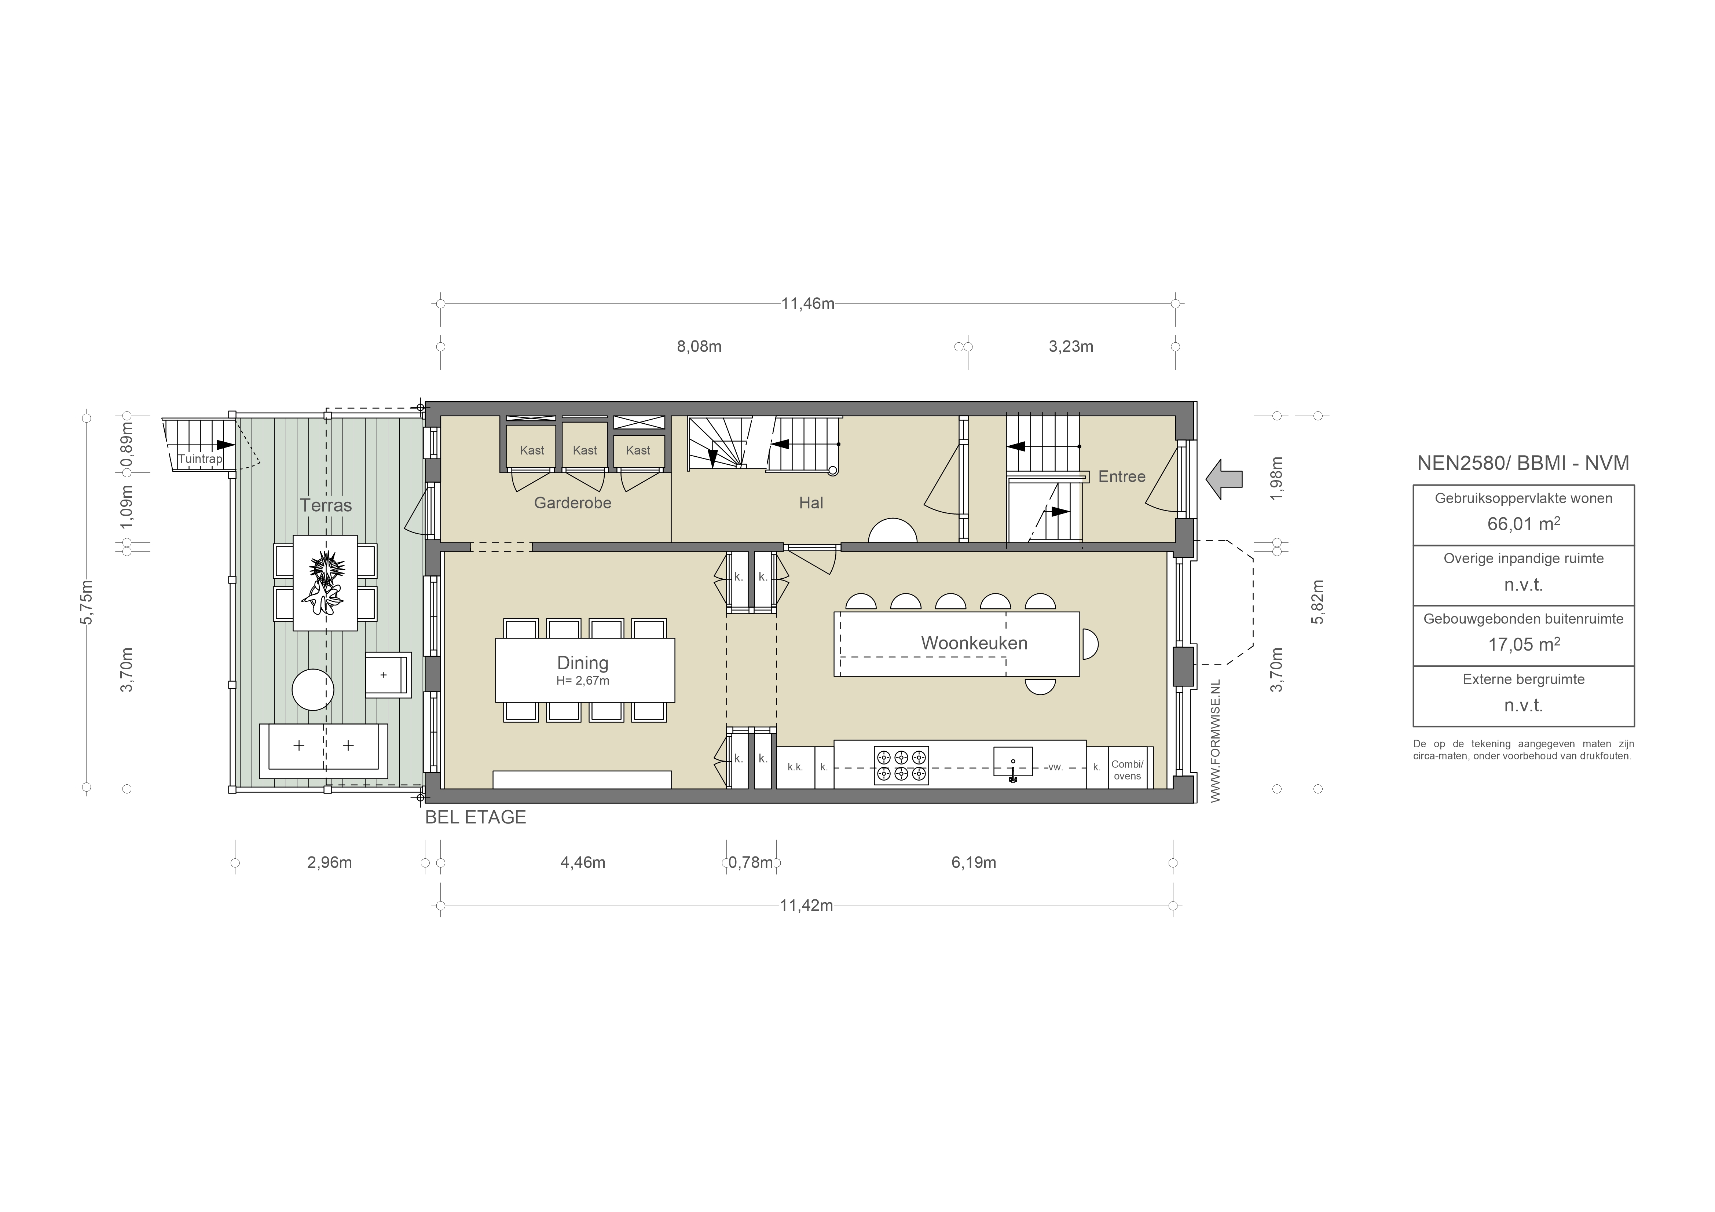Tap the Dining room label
coord(583,663)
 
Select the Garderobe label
coord(572,503)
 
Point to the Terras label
coord(326,505)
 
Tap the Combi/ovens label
coord(1127,770)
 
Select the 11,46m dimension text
coord(807,304)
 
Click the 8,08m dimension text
coord(699,346)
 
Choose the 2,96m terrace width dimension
coord(329,862)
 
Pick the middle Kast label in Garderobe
coord(585,450)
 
